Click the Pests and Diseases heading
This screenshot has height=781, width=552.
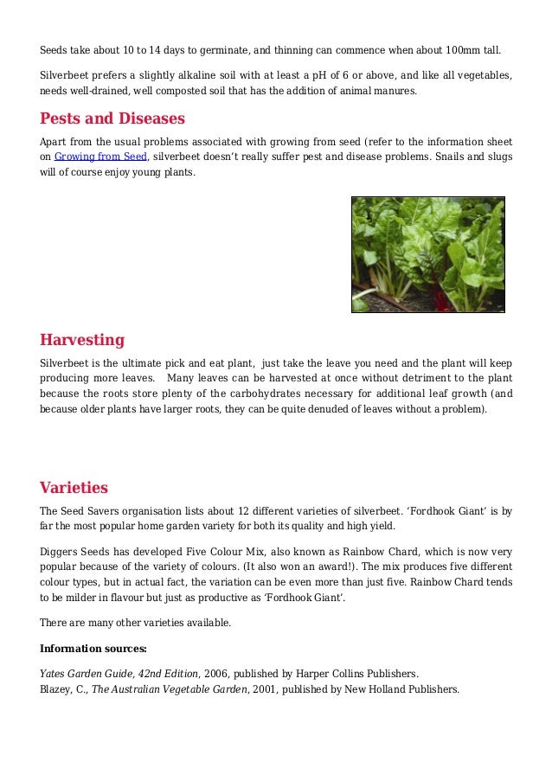(x=112, y=118)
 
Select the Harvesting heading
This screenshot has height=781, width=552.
(x=82, y=339)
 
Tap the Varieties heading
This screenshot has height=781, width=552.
(x=74, y=487)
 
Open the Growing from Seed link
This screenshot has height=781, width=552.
(x=101, y=157)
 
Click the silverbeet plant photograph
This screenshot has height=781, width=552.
(x=427, y=253)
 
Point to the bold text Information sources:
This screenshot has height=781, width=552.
(x=93, y=648)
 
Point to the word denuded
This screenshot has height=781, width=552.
(x=333, y=409)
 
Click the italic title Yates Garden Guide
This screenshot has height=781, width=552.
(x=90, y=673)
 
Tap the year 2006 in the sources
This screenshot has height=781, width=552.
(x=216, y=673)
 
